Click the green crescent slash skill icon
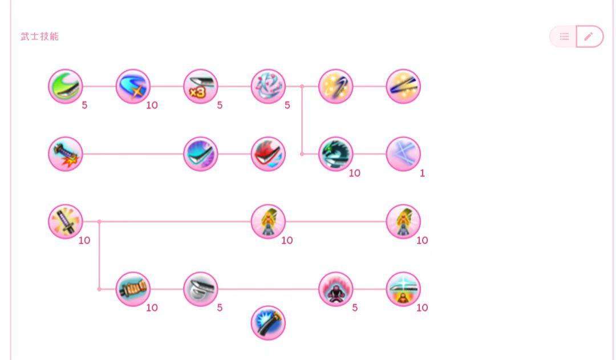tap(65, 87)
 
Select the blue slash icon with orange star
tap(133, 87)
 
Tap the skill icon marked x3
tap(200, 87)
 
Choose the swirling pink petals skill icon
tap(268, 87)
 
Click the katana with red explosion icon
tap(65, 154)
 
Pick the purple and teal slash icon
tap(200, 154)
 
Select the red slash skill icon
tap(268, 154)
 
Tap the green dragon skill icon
tap(335, 154)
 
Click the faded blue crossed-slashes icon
tap(403, 154)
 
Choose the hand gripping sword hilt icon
tap(133, 289)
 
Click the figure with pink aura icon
tap(335, 289)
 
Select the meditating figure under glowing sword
tap(403, 289)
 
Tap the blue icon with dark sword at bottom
tap(268, 323)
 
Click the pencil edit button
tap(589, 37)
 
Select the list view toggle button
tap(564, 37)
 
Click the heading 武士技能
tap(39, 37)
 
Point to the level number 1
tap(422, 173)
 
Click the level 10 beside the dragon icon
tap(354, 173)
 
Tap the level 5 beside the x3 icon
tap(220, 106)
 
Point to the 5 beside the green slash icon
tap(84, 106)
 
